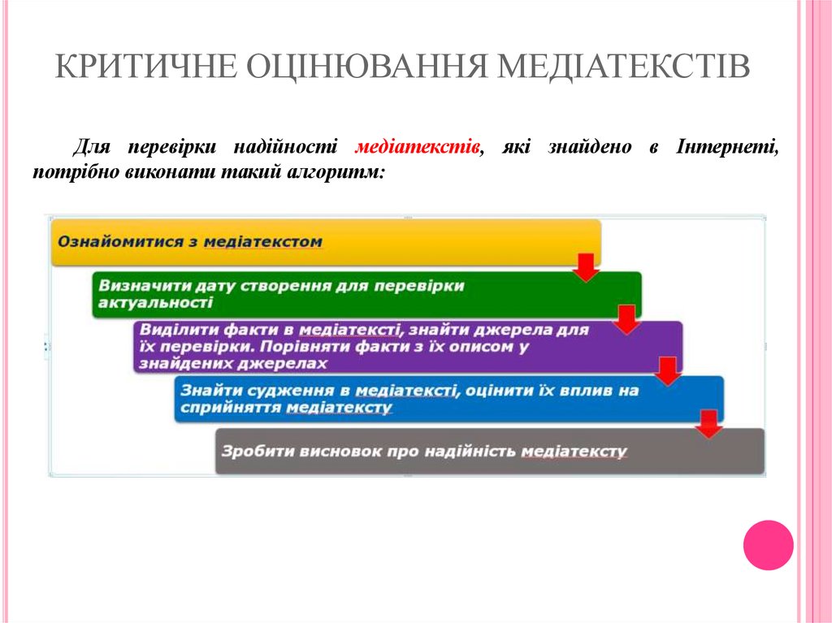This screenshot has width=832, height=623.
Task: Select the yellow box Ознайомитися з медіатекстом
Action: point(325,242)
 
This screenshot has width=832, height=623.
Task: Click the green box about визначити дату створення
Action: point(366,294)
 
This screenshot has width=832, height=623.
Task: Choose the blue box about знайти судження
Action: point(447,399)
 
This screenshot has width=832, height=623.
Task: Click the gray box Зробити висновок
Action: point(487,452)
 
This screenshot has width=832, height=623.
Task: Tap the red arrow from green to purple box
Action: point(626,320)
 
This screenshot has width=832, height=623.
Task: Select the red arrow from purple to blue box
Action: point(667,371)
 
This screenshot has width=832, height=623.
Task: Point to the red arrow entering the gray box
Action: point(708,423)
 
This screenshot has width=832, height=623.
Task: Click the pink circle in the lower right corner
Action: point(768,545)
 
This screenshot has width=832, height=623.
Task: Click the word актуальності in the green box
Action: point(154,303)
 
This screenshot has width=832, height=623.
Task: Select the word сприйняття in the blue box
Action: point(231,408)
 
